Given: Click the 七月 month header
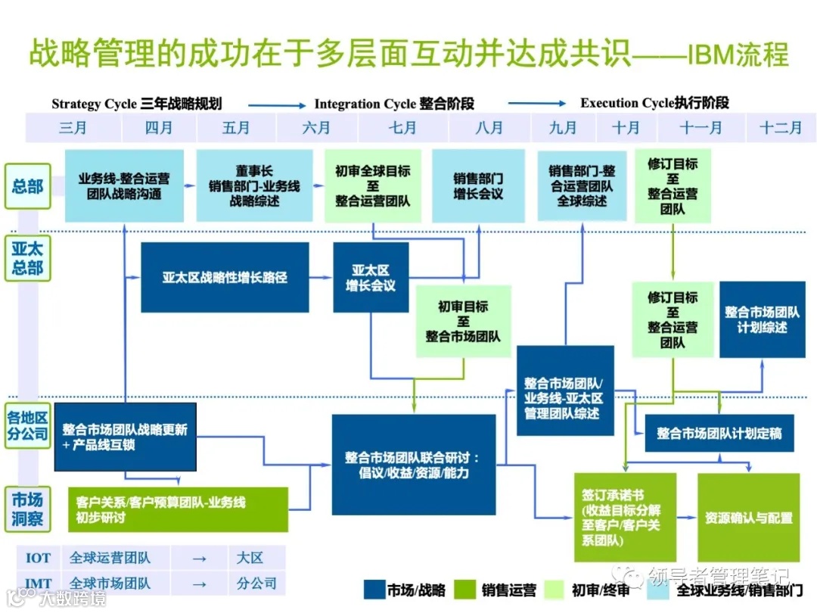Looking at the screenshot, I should (402, 128).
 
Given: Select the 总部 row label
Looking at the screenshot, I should (28, 186).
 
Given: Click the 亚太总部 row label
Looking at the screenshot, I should (28, 257).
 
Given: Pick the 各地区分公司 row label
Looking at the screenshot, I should (28, 426).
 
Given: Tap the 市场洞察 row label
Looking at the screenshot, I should (28, 509).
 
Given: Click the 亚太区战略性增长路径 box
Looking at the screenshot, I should (225, 277).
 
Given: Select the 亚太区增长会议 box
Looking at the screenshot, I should (371, 277).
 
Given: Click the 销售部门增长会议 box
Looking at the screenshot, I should (478, 186).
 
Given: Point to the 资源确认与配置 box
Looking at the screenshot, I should (748, 518).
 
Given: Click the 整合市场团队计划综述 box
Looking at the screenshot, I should (762, 319).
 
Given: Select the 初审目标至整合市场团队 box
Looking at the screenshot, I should (463, 321).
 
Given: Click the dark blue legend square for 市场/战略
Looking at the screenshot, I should (374, 590).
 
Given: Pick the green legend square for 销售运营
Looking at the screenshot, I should (468, 590).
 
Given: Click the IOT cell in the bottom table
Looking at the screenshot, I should (39, 559).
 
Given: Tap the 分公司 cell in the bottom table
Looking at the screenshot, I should (256, 583).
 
